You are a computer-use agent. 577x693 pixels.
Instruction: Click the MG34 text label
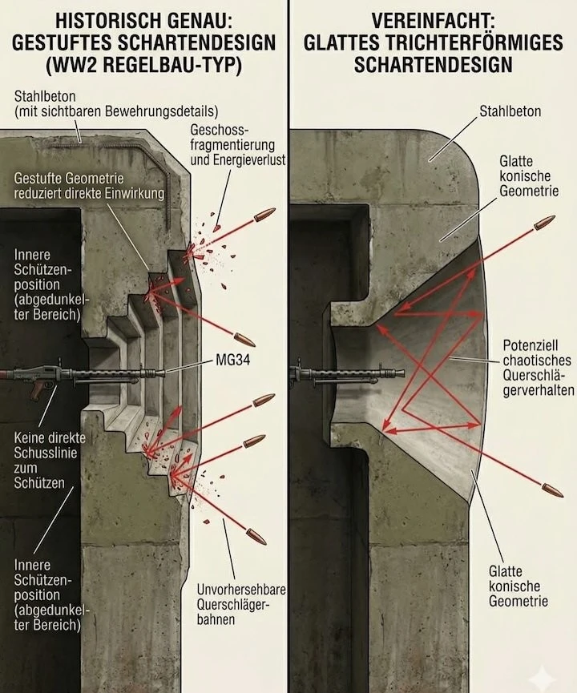[232, 361]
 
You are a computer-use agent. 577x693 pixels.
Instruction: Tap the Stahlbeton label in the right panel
[510, 111]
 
